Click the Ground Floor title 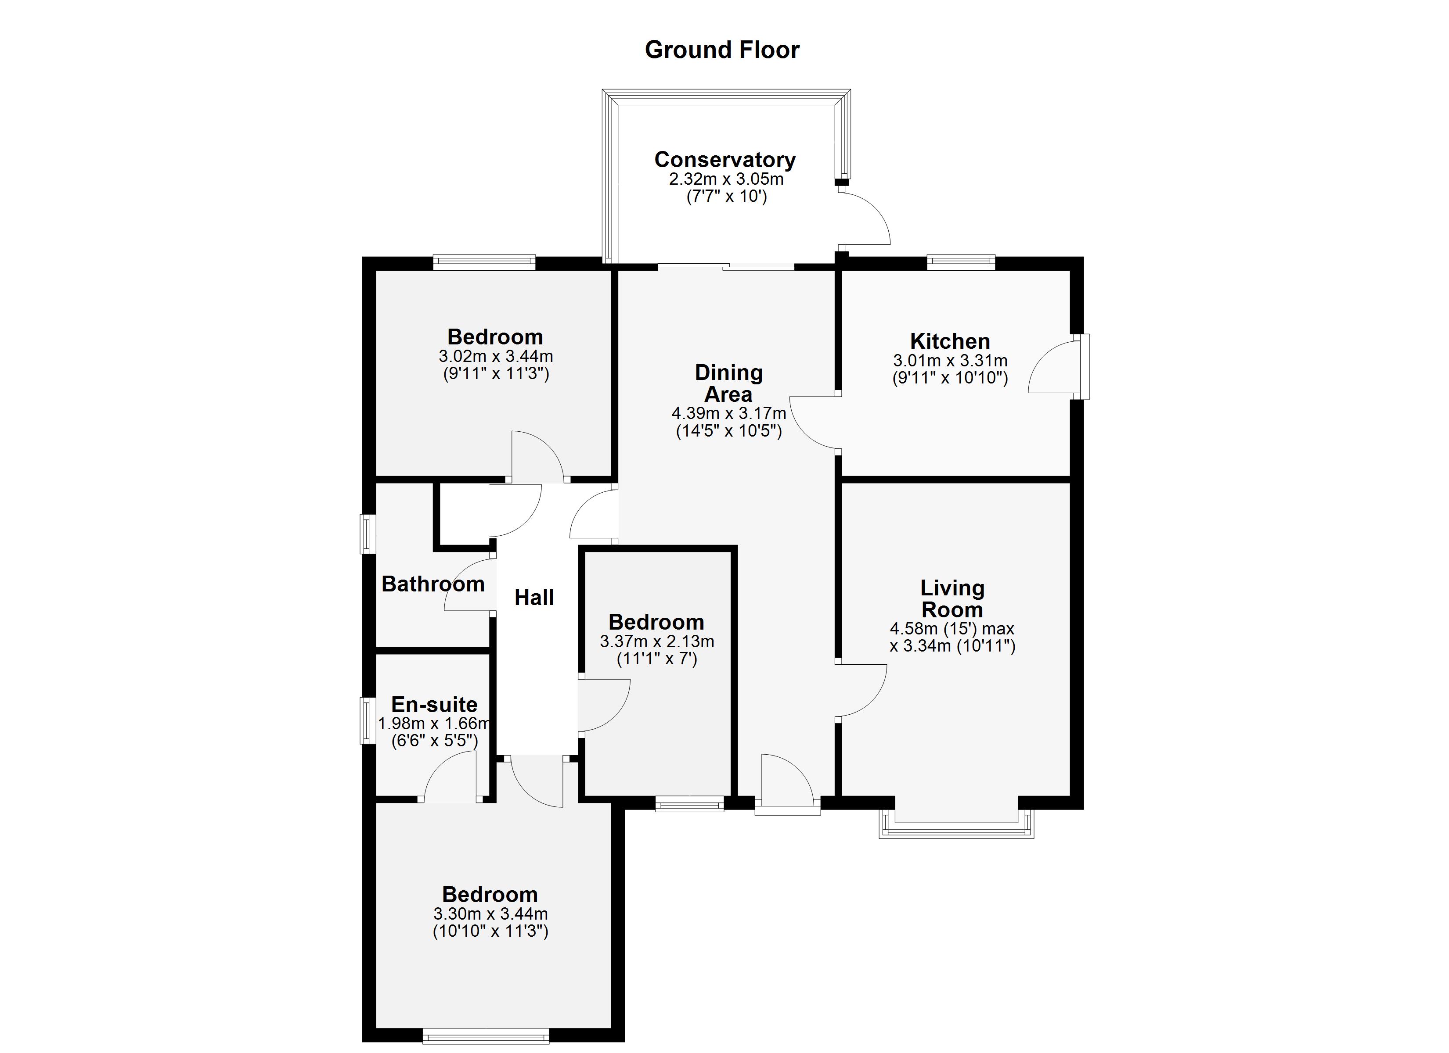click(x=722, y=50)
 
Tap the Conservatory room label click(x=724, y=160)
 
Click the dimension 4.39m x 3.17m click(x=728, y=413)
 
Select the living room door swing click(x=861, y=691)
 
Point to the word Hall click(x=534, y=598)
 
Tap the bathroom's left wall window click(x=368, y=534)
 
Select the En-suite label click(x=434, y=704)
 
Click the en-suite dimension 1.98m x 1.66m click(x=434, y=723)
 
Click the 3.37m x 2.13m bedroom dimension click(x=657, y=641)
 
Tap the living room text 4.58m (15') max click(x=952, y=629)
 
